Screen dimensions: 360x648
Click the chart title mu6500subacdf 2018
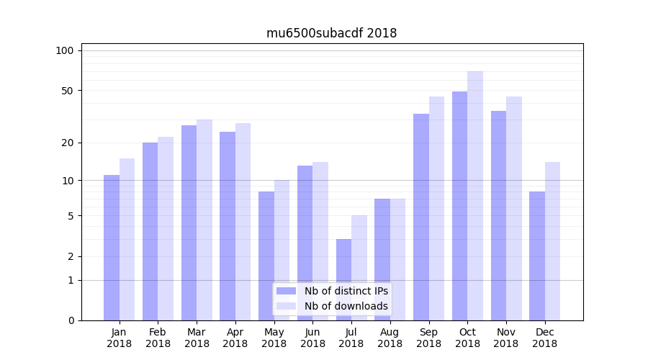click(331, 33)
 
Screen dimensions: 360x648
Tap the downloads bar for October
click(475, 195)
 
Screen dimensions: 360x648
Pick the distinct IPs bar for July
click(343, 279)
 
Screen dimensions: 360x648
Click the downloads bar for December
click(552, 240)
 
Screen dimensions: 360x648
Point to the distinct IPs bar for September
click(421, 217)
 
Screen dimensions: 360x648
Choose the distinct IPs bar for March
click(189, 222)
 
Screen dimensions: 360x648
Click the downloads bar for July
click(359, 267)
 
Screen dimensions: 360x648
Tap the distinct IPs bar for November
click(498, 215)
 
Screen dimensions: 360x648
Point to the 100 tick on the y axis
click(65, 50)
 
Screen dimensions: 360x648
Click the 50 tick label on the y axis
click(67, 91)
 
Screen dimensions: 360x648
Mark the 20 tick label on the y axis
click(67, 143)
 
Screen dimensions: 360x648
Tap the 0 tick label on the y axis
click(71, 320)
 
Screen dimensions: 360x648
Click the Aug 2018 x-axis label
click(390, 338)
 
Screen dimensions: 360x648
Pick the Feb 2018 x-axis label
click(158, 338)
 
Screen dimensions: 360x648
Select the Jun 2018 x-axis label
click(312, 338)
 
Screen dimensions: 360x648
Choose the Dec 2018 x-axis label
click(544, 338)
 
